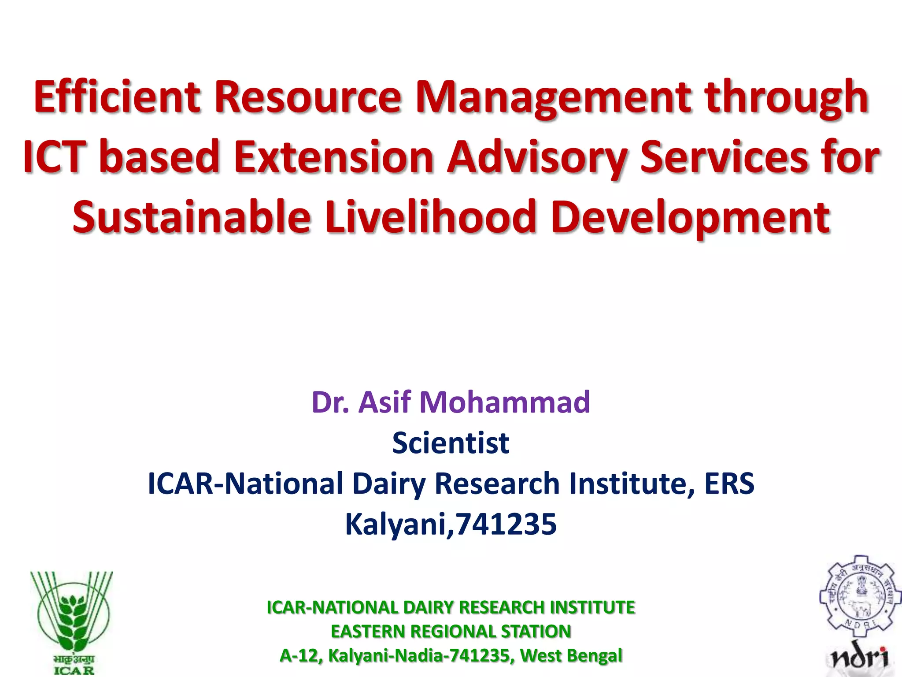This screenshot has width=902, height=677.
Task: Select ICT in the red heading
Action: tap(53, 156)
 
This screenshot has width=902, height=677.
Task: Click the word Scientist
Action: tap(451, 443)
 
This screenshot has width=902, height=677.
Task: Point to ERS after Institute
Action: tap(729, 484)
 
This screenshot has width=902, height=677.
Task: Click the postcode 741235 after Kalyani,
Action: tap(506, 524)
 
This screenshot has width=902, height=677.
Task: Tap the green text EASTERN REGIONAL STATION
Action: tap(451, 631)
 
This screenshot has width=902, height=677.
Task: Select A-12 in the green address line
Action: tap(298, 655)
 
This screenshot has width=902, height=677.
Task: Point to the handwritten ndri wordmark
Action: tap(859, 658)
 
